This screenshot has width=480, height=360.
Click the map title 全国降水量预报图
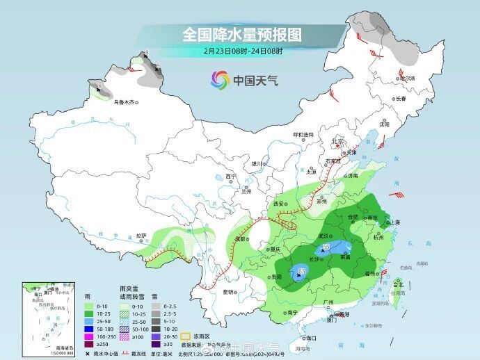click(242, 34)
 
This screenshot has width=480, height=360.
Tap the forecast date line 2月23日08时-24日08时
click(243, 50)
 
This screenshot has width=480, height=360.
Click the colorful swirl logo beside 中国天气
click(221, 80)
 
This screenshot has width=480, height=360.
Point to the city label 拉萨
click(141, 236)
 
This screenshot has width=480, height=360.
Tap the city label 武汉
click(323, 236)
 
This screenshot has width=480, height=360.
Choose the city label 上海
click(393, 222)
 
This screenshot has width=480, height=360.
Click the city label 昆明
click(228, 292)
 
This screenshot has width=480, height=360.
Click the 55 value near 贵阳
click(302, 270)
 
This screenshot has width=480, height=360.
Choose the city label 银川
click(257, 164)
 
